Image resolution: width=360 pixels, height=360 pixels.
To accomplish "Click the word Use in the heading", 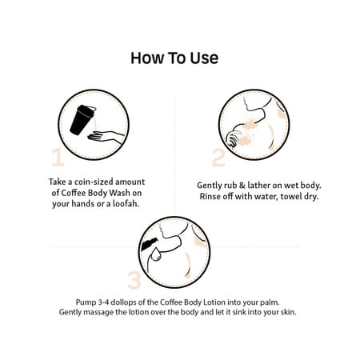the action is tap(204, 58).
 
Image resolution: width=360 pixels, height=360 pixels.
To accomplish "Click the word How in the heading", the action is tap(146, 58).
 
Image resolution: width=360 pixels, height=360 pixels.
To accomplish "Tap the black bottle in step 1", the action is tap(82, 120).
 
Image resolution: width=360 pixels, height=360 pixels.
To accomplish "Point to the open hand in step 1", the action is tap(106, 137).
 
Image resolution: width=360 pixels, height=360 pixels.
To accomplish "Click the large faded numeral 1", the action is tap(58, 157).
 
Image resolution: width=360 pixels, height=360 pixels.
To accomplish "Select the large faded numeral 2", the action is tap(218, 158).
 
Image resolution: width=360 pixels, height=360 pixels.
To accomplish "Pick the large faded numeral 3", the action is tap(134, 280).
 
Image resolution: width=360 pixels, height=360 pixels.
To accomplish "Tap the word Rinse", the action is tap(210, 197).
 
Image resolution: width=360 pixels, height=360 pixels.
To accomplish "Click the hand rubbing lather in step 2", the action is tap(234, 138).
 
